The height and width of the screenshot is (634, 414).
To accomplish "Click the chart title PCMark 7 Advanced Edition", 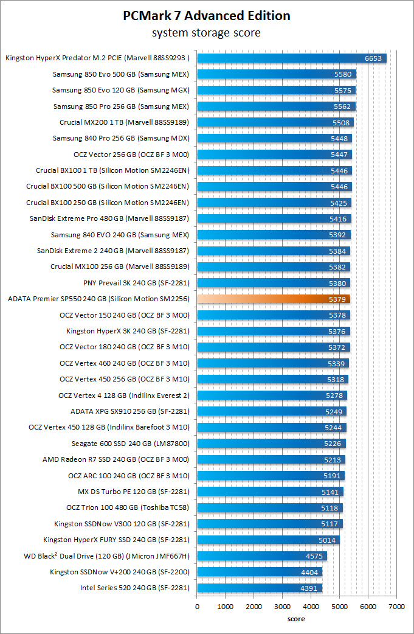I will pos(206,15).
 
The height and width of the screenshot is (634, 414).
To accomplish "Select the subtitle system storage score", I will pos(206,32).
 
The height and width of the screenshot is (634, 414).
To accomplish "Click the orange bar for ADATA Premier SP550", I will pos(273,299).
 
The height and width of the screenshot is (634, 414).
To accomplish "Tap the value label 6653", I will pos(373,58).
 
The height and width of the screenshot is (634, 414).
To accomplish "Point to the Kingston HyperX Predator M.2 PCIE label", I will pos(98,58).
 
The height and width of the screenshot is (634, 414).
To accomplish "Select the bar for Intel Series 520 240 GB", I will pos(259,588).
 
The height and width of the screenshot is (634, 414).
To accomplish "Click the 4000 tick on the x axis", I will pos(311,607).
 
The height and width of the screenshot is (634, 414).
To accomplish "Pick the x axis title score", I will pos(296,619).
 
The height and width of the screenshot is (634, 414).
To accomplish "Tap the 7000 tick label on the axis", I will pos(396,607).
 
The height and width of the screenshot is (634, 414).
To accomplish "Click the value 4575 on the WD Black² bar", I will pos(314,556).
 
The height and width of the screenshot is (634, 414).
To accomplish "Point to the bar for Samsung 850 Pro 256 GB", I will pos(276,106).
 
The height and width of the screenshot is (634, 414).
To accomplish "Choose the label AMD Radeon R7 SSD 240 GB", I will pos(116,459).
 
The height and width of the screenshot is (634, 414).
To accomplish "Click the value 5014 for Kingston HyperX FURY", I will pos(326,540).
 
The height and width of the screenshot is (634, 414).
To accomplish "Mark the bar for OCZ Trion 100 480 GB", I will pos(269,507).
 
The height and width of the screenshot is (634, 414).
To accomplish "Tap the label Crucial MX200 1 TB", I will pos(125,122).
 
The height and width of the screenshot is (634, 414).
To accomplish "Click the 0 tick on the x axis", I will pos(197,607).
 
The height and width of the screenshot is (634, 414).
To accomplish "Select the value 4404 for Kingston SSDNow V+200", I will pos(309,572).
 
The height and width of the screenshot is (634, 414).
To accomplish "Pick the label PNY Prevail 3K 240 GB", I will pos(136,283).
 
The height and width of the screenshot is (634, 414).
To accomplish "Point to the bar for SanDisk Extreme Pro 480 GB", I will pos(274,218).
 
